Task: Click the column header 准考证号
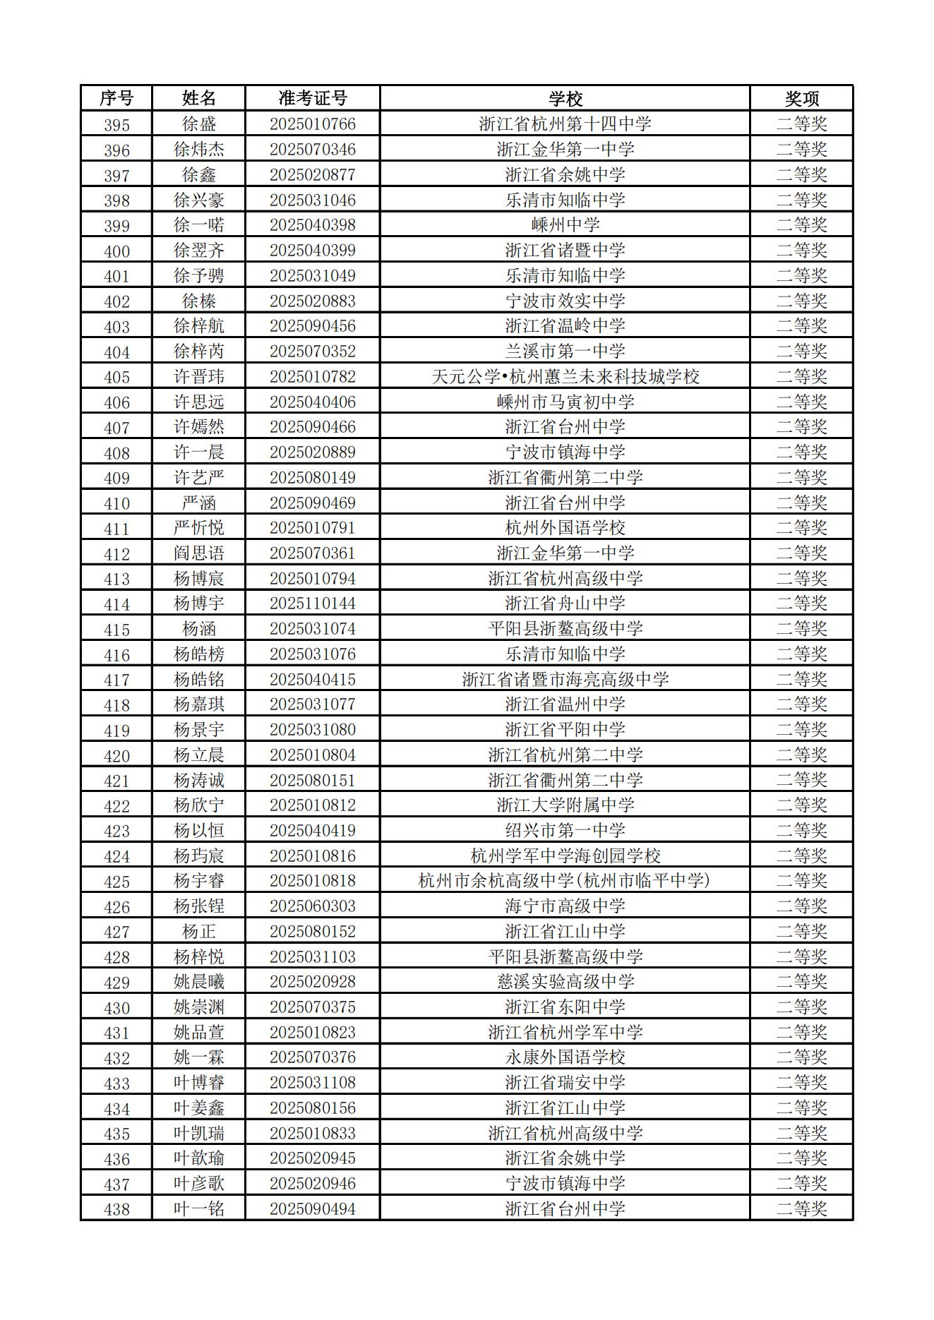click(312, 98)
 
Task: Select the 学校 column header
click(565, 98)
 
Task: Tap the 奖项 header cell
click(801, 98)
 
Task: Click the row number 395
click(116, 125)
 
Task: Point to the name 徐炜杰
click(199, 150)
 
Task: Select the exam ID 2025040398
click(312, 225)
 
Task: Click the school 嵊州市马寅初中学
click(565, 402)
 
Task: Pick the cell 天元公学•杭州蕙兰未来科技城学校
click(565, 377)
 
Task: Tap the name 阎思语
click(199, 553)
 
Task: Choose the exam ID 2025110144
click(312, 604)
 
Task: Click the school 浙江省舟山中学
click(565, 604)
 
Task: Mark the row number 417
click(116, 680)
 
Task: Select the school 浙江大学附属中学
click(565, 805)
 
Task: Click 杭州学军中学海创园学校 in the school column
click(565, 856)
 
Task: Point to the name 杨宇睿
click(199, 881)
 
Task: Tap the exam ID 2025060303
click(312, 906)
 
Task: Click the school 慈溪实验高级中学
click(565, 982)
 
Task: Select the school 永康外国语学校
click(565, 1057)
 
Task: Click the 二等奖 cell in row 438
click(801, 1209)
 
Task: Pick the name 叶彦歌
click(199, 1184)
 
